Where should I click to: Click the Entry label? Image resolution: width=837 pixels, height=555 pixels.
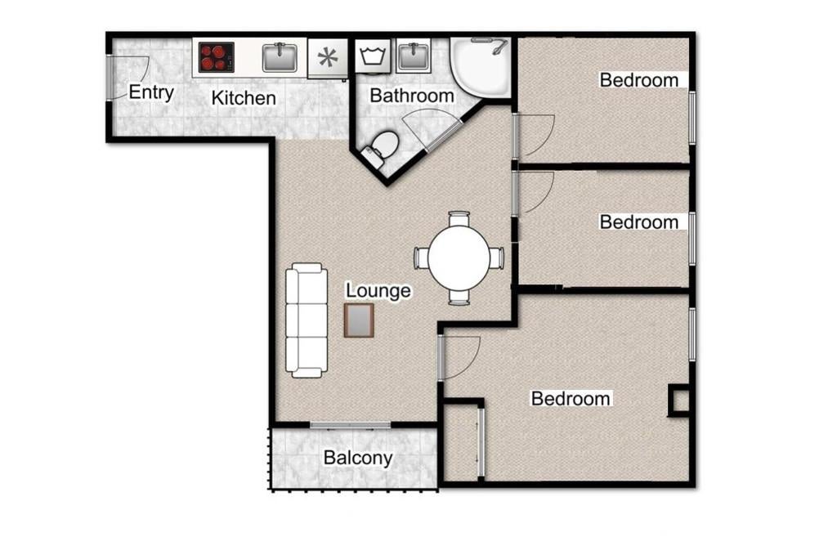coord(151,92)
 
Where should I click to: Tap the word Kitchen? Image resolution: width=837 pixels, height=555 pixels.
coord(244,98)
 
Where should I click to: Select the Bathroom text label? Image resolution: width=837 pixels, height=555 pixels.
coord(412,96)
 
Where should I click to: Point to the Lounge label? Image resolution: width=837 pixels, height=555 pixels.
coord(378,290)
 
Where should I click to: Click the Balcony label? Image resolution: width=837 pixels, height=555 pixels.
coord(358,458)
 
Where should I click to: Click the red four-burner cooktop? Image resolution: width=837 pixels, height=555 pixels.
coord(216,57)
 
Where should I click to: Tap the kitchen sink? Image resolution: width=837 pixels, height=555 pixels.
coord(280,58)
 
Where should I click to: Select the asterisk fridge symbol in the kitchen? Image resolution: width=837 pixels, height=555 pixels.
coord(328,58)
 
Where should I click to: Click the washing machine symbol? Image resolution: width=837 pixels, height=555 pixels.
coord(373,56)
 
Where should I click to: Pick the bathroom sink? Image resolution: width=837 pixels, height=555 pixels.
coord(414,56)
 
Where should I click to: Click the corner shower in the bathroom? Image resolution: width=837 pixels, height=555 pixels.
coord(481,66)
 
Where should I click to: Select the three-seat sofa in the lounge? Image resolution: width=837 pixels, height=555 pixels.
coord(307,320)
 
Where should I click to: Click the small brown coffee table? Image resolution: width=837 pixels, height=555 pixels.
coord(359,320)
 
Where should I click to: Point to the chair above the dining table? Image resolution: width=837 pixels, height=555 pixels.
coord(459,219)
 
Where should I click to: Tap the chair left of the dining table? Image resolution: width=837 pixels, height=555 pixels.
coord(421,258)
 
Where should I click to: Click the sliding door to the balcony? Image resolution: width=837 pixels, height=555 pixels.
coord(350,425)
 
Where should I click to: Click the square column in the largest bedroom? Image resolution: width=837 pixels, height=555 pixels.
coord(679,401)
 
